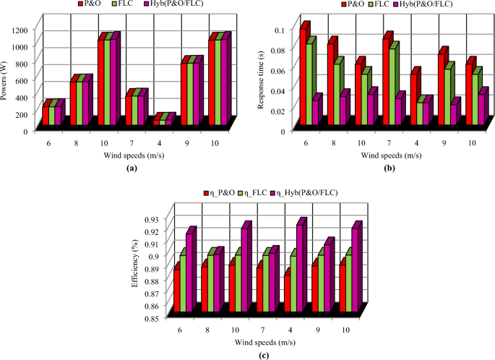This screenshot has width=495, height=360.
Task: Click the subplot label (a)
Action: (x=130, y=168)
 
